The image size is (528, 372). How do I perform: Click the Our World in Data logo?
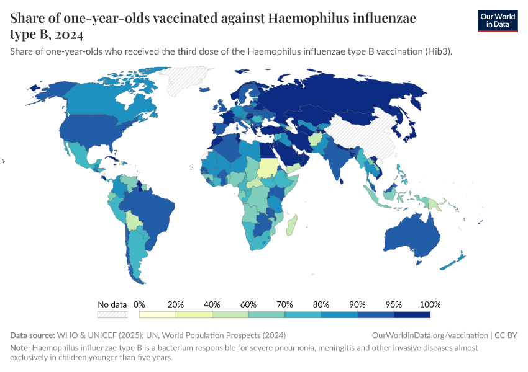pos(497,20)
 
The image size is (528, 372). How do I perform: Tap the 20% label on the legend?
pos(176,304)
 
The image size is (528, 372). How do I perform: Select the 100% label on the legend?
pos(430,304)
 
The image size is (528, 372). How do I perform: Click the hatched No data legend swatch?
pos(112,315)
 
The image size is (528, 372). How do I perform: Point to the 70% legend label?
pos(285,304)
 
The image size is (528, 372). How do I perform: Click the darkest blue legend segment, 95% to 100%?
pos(412,315)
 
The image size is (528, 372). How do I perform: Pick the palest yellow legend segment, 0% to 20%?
pos(158,315)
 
